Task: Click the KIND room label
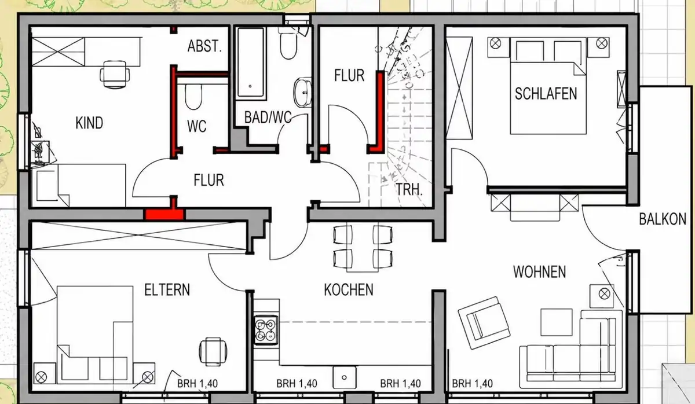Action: [x=89, y=123]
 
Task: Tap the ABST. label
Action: [x=205, y=46]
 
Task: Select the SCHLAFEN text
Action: [x=546, y=93]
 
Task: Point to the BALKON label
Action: [x=663, y=219]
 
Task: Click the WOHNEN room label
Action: [x=540, y=271]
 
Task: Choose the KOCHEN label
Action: [x=349, y=289]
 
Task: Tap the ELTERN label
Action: [x=167, y=289]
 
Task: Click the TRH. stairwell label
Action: [x=409, y=189]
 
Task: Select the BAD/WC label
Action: [x=268, y=117]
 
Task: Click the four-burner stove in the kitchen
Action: [x=266, y=330]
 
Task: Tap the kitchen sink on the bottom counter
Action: [x=345, y=377]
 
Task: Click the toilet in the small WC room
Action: [x=193, y=96]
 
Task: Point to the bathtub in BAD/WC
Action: [x=250, y=62]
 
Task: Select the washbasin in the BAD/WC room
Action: [x=302, y=92]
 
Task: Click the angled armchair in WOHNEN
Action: [x=484, y=323]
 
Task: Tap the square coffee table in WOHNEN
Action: [x=557, y=322]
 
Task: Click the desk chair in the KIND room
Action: [x=115, y=75]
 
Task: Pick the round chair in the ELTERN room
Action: [x=213, y=352]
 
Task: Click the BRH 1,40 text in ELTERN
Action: [x=197, y=384]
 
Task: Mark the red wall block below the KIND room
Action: [x=165, y=215]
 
